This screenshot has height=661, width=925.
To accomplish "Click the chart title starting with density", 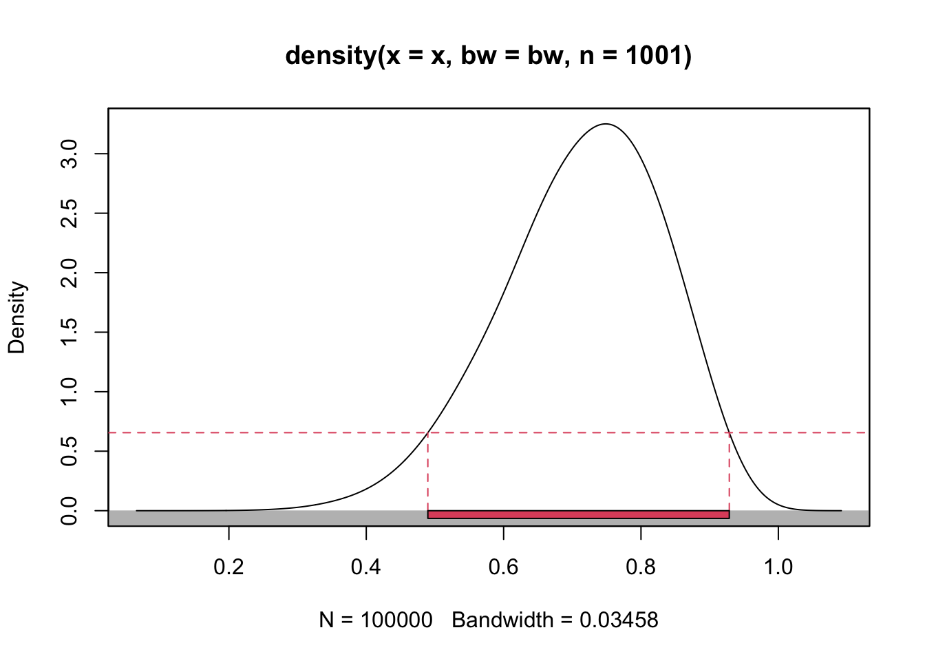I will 488,55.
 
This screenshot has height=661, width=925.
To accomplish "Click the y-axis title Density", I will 17,317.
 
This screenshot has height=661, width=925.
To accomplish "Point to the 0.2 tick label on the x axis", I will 228,567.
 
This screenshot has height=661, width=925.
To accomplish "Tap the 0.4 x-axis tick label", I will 366,567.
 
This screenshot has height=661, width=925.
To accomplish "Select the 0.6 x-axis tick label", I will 503,567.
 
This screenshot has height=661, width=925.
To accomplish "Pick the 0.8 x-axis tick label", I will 641,567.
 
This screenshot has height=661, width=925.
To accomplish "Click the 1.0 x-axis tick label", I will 778,567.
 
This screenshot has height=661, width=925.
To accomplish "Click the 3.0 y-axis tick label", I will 69,154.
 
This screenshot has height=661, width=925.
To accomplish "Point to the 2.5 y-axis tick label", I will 69,213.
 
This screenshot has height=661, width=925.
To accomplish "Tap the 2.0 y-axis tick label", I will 69,273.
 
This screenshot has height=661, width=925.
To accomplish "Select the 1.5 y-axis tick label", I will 69,332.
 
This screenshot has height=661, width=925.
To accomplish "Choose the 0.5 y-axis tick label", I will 69,451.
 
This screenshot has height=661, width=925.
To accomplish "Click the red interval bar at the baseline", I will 578,514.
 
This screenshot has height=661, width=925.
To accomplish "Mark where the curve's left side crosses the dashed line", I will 428,433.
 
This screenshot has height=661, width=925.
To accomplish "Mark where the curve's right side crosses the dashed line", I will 729,433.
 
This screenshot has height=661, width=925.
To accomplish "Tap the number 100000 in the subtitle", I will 396,620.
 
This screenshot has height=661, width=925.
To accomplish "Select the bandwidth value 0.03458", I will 619,620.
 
